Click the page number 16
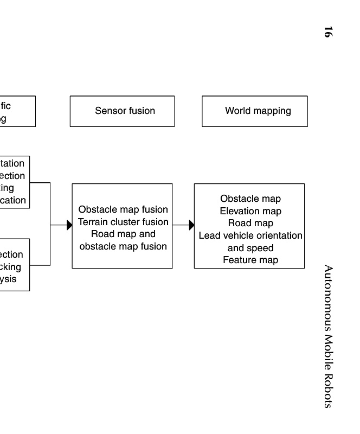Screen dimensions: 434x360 [x=327, y=32]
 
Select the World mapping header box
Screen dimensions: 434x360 [x=254, y=111]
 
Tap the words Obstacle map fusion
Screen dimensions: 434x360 [x=123, y=209]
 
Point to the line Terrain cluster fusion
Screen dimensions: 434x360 [x=123, y=222]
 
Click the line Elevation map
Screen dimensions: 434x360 [x=250, y=211]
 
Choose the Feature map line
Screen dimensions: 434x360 [x=250, y=260]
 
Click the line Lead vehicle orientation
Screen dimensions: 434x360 [x=250, y=235]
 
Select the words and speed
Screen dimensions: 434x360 [x=250, y=248]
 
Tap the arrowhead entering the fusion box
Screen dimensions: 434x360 [x=69, y=225]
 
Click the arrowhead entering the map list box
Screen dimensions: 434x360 [x=191, y=225]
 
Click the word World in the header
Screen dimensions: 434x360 [x=237, y=111]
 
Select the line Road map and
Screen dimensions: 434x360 [x=123, y=234]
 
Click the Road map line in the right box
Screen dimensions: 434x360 [x=250, y=223]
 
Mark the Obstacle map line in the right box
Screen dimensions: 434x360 [x=250, y=199]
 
